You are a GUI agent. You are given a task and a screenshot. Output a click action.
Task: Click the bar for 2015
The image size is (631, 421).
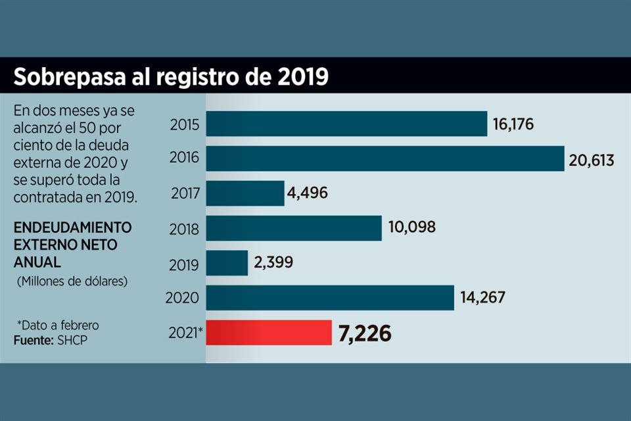347,124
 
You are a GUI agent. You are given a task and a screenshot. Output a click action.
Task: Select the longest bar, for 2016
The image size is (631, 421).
386,159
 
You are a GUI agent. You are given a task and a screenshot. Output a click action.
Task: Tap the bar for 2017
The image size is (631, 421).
246,193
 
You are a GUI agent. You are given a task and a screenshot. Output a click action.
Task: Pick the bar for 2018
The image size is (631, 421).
294,228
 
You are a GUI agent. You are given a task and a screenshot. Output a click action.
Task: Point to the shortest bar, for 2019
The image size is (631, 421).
227,262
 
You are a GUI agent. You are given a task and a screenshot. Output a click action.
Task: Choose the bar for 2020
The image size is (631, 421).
331,297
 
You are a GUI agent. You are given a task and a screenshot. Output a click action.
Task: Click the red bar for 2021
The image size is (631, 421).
269,333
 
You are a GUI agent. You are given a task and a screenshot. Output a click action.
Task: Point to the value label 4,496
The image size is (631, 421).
308,193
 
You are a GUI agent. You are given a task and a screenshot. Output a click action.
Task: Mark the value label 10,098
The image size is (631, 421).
412,228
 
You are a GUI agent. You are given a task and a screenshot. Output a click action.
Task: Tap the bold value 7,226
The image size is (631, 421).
365,334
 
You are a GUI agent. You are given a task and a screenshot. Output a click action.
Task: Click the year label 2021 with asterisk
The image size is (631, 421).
186,333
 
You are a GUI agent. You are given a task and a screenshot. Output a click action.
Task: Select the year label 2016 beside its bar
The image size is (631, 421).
185,159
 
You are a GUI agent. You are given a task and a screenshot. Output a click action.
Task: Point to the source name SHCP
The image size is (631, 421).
74,341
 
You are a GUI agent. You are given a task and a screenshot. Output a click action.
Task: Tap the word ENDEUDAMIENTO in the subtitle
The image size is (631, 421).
72,227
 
